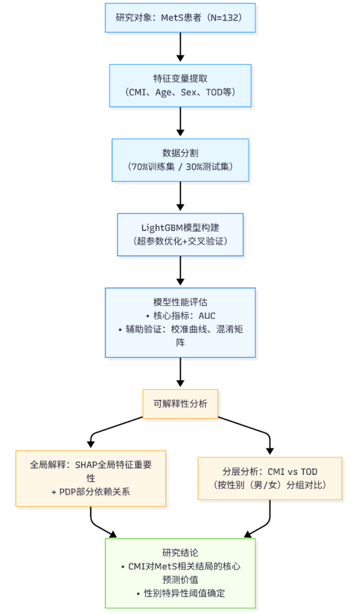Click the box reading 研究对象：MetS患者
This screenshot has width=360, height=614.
(180, 18)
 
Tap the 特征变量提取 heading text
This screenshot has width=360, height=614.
(180, 78)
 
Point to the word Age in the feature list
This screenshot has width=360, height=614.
(163, 93)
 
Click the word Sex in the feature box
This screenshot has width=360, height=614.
(189, 92)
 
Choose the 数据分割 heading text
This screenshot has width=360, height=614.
(180, 153)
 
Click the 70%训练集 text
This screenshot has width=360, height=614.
(153, 166)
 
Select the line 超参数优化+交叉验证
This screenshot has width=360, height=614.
(180, 241)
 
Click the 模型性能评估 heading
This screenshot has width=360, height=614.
(180, 302)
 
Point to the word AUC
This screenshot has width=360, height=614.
(207, 315)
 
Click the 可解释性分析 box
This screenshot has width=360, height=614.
(180, 404)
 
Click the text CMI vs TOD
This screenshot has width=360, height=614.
(292, 471)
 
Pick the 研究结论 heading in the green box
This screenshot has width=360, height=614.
(180, 553)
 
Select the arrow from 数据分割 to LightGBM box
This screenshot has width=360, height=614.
(180, 196)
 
